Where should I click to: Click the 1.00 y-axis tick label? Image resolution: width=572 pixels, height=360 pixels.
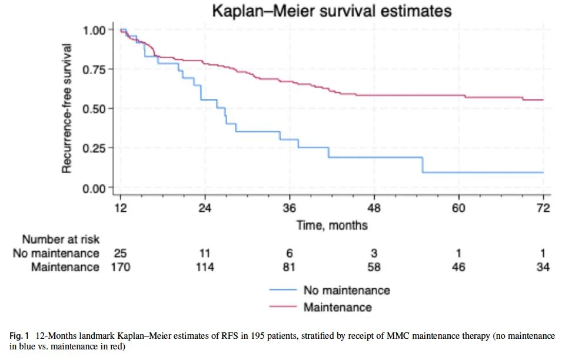95,29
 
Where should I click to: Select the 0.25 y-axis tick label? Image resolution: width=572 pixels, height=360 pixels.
95,148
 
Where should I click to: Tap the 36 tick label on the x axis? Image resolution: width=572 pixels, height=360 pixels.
290,208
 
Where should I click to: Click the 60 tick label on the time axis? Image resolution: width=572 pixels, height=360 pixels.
458,208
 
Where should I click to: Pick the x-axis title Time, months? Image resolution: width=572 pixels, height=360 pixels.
332,225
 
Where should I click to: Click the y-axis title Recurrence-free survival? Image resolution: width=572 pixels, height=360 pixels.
67,108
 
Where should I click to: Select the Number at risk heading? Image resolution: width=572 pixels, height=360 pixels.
61,239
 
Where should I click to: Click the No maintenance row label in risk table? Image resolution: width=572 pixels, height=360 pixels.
56,254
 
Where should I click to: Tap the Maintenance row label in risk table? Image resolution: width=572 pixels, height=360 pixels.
66,267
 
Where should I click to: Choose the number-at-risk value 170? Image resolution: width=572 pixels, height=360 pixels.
120,267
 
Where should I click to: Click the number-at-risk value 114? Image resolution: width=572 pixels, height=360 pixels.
205,267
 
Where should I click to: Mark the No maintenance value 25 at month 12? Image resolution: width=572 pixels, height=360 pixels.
120,254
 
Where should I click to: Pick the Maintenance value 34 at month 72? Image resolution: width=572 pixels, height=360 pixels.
543,267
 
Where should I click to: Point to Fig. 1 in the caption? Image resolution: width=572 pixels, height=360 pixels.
21,336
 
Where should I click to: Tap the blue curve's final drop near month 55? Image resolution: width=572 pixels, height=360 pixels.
423,165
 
